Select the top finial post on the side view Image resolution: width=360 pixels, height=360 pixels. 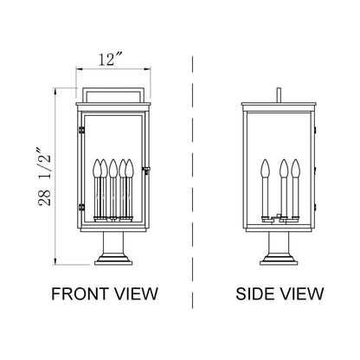279,93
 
